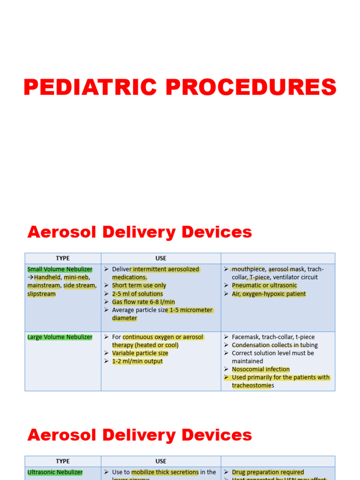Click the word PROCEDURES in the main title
tap(249, 88)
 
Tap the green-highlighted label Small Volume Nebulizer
tap(60, 270)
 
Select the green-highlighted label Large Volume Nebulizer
tap(60, 337)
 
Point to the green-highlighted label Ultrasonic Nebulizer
tap(55, 472)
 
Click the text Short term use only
tap(139, 285)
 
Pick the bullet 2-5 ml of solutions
tap(137, 294)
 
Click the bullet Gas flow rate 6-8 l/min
tap(143, 302)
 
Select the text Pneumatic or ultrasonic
tap(264, 285)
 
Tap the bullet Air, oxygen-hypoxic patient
tap(269, 294)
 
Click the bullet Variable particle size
tap(140, 353)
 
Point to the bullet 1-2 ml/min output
tap(137, 361)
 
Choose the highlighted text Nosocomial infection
tap(261, 369)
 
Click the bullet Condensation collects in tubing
tap(275, 345)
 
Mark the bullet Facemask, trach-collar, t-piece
tap(273, 337)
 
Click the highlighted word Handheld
tap(47, 277)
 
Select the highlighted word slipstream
tap(41, 294)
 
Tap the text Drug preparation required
tap(268, 472)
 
